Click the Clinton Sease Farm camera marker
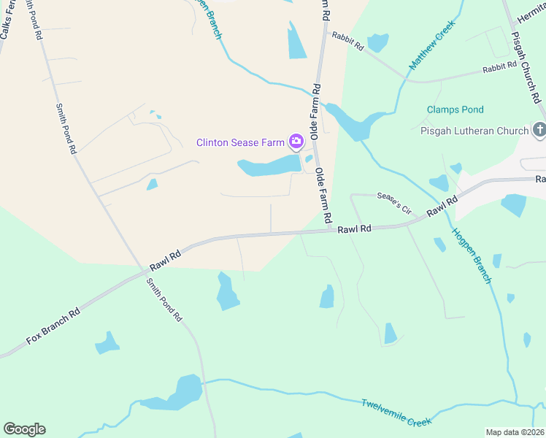[x=296, y=141]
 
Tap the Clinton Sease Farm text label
[x=240, y=142]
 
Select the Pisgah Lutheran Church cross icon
[x=539, y=131]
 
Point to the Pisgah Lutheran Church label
[x=474, y=131]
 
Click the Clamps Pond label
[x=455, y=109]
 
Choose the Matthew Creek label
[x=431, y=45]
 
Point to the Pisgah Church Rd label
[x=526, y=66]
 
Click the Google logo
[x=24, y=429]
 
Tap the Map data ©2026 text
[x=515, y=432]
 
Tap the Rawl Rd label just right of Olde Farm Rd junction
[x=355, y=228]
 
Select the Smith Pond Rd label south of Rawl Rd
[x=164, y=300]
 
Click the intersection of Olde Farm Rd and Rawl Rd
[x=330, y=229]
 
